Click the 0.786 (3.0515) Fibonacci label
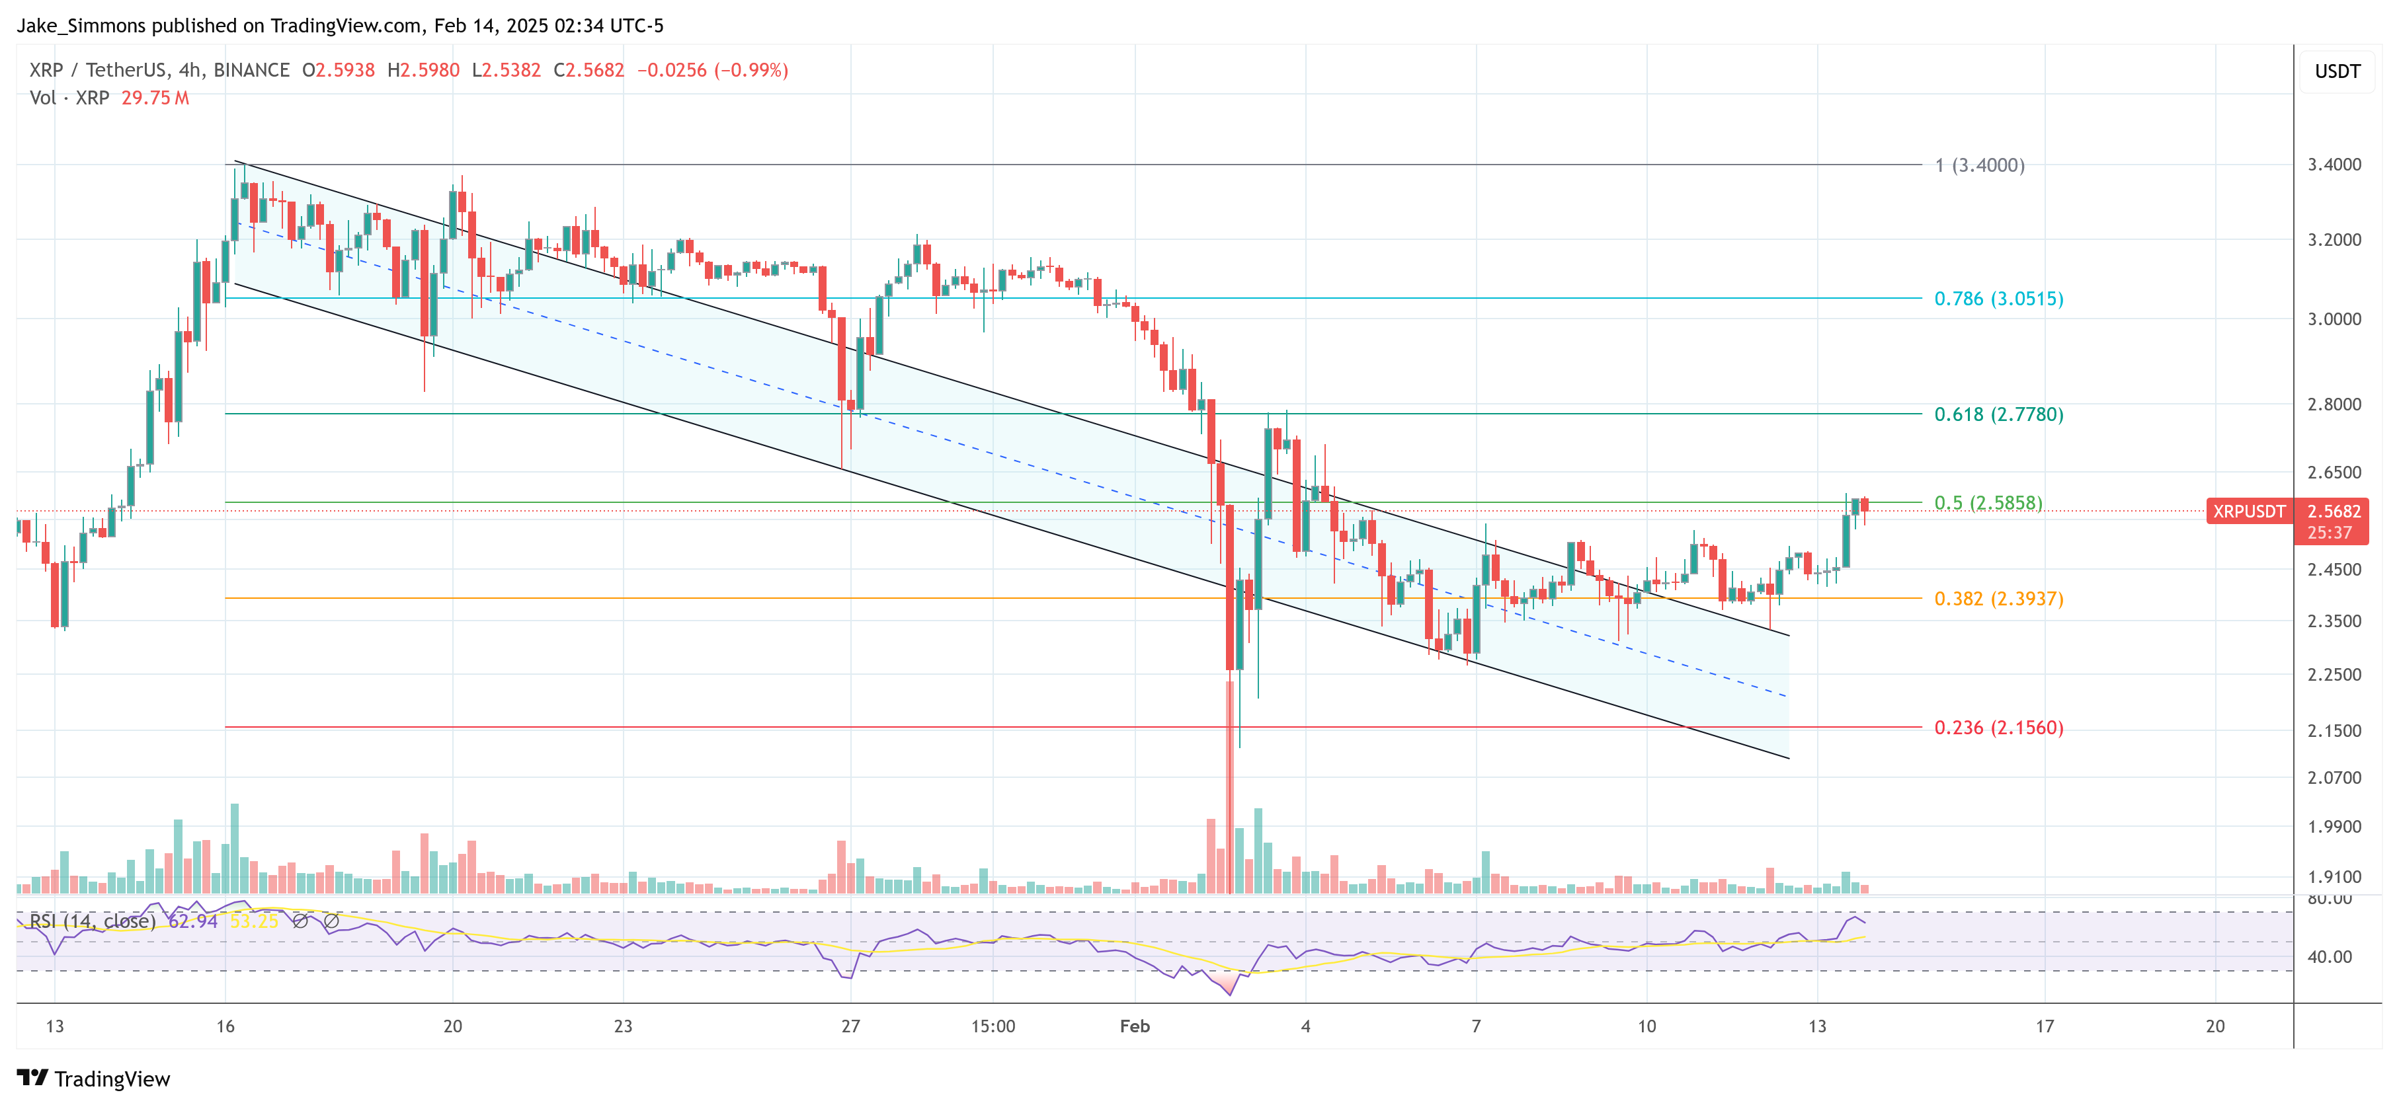pyautogui.click(x=1998, y=299)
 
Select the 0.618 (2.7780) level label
pyautogui.click(x=1998, y=414)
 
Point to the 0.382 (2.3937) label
pyautogui.click(x=1998, y=599)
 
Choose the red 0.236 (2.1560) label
pyautogui.click(x=1998, y=728)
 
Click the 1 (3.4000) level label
pyautogui.click(x=1979, y=166)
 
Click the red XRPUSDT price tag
pyautogui.click(x=2248, y=511)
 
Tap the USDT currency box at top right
pyautogui.click(x=2337, y=71)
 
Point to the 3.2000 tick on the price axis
pyautogui.click(x=2334, y=240)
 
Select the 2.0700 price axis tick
pyautogui.click(x=2334, y=777)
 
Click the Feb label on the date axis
pyautogui.click(x=1134, y=1026)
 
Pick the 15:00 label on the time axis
pyautogui.click(x=993, y=1026)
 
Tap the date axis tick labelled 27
pyautogui.click(x=850, y=1026)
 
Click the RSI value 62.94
pyautogui.click(x=193, y=922)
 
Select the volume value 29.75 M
pyautogui.click(x=155, y=98)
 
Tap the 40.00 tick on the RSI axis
pyautogui.click(x=2329, y=956)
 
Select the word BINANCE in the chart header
pyautogui.click(x=251, y=70)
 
